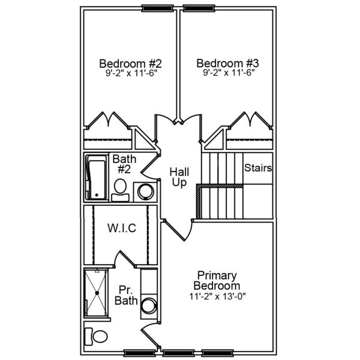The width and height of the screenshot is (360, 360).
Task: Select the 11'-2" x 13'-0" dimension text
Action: click(217, 296)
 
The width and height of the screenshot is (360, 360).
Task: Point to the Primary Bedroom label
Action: click(217, 280)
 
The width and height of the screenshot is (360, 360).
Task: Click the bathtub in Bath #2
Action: click(95, 178)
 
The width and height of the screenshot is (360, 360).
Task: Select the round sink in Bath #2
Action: click(146, 191)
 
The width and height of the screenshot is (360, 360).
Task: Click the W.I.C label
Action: click(122, 228)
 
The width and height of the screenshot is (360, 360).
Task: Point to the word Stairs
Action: click(258, 168)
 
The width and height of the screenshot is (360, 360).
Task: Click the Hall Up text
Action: click(179, 177)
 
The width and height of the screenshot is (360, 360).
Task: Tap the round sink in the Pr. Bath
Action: click(148, 306)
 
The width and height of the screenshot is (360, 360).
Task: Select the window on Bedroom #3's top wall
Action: click(198, 8)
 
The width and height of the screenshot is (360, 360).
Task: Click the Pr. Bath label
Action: click(127, 295)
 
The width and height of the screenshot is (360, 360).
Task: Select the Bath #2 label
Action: click(124, 164)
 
